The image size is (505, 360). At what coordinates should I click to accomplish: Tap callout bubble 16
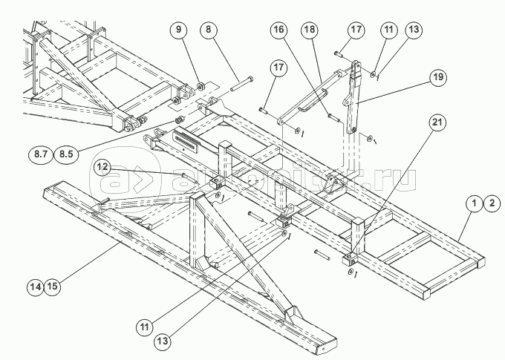[278, 31]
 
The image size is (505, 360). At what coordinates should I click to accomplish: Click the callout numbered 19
[437, 76]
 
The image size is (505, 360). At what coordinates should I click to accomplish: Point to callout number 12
[102, 168]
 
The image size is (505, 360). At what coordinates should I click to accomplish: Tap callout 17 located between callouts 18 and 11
[355, 30]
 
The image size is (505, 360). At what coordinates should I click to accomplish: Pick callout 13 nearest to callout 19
[414, 30]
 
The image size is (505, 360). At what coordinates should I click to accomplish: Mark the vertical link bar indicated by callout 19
[354, 96]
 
